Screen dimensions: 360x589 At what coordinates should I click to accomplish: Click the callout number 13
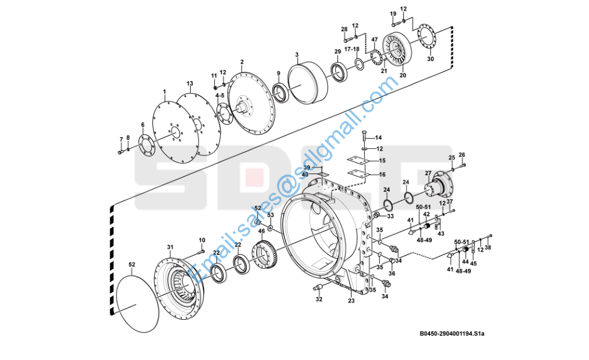(x=190, y=83)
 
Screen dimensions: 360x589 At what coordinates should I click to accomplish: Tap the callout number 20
(x=402, y=76)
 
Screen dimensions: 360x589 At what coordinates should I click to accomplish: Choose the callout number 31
(x=170, y=247)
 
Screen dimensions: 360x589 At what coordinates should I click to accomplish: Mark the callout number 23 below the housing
(x=351, y=302)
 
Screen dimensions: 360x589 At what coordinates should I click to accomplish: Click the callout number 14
(x=378, y=138)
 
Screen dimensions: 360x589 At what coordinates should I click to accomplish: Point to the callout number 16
(x=382, y=174)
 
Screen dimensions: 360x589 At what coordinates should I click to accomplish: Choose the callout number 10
(x=202, y=240)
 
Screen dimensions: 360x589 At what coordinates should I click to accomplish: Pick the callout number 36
(x=392, y=274)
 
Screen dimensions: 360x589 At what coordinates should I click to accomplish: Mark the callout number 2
(x=242, y=62)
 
